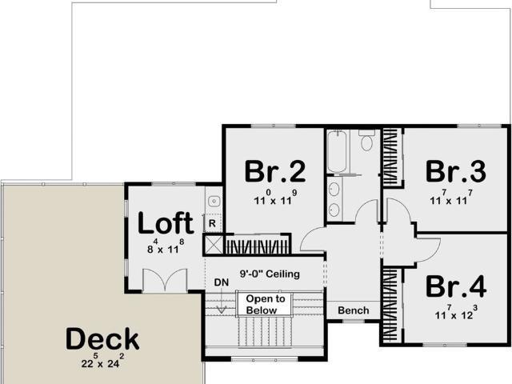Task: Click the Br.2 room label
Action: tap(275, 171)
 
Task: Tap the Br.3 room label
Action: tap(456, 171)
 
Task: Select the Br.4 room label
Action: tap(456, 286)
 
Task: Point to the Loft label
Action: tap(166, 222)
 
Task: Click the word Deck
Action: tap(102, 338)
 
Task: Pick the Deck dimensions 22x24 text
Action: tap(102, 361)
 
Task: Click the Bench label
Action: tap(354, 310)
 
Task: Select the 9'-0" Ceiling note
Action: tap(270, 274)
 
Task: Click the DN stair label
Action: tap(222, 282)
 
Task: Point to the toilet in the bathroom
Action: tap(366, 140)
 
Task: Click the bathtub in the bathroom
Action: tap(337, 151)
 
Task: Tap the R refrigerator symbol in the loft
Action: tap(212, 223)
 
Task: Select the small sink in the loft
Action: tap(214, 201)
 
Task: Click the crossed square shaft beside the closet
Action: tap(213, 244)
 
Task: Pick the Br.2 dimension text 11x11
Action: tap(275, 198)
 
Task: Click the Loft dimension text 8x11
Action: tap(166, 247)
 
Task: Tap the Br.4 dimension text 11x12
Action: tap(456, 313)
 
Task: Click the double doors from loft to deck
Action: tap(166, 280)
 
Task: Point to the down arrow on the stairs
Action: tap(222, 301)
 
